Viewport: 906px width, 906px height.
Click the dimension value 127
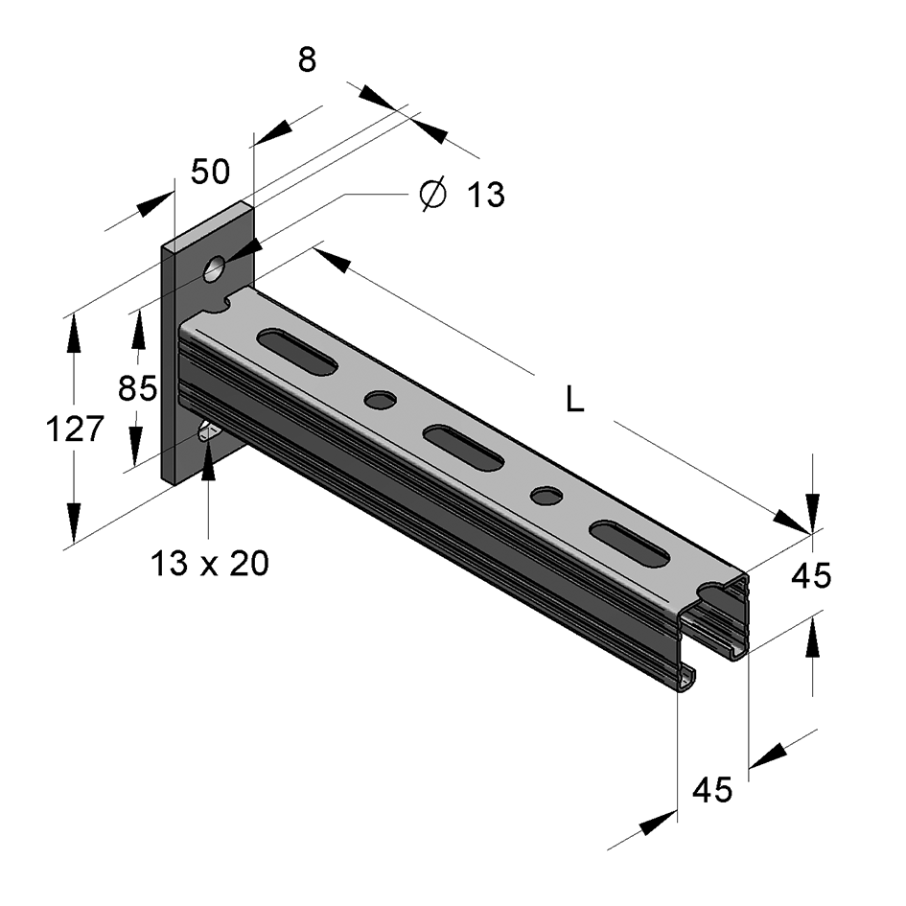pyautogui.click(x=75, y=429)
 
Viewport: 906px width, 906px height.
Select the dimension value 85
pyautogui.click(x=137, y=387)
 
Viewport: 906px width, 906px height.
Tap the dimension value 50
pyautogui.click(x=210, y=172)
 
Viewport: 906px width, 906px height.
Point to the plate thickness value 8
pyautogui.click(x=308, y=60)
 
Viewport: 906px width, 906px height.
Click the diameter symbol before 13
pyautogui.click(x=432, y=194)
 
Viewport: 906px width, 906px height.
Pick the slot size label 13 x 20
pyautogui.click(x=210, y=563)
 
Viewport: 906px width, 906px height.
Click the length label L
pyautogui.click(x=575, y=399)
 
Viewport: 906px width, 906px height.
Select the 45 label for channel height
pyautogui.click(x=811, y=575)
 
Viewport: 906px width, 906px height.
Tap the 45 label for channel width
pyautogui.click(x=712, y=789)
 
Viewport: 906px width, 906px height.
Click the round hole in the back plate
pyautogui.click(x=215, y=268)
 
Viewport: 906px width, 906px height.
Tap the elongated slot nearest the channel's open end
pyautogui.click(x=631, y=544)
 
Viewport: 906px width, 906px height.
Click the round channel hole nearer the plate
pyautogui.click(x=381, y=400)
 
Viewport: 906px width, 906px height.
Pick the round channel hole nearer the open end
pyautogui.click(x=546, y=496)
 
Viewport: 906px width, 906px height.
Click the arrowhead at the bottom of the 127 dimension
pyautogui.click(x=74, y=523)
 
